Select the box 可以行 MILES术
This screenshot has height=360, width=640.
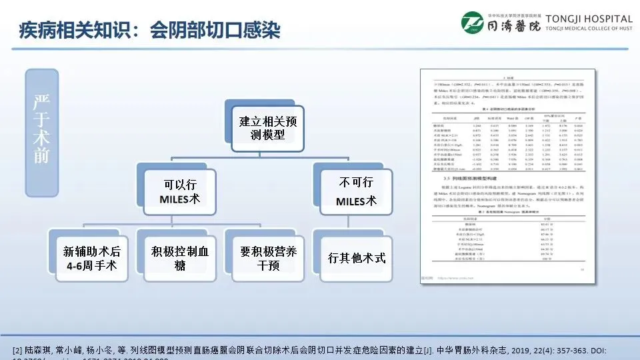[179, 191]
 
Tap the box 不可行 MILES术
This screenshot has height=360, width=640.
[355, 191]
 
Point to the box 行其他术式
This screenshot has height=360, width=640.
[357, 258]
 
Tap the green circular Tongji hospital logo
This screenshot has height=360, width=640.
[475, 25]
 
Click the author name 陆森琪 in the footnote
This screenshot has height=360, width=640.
[37, 350]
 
